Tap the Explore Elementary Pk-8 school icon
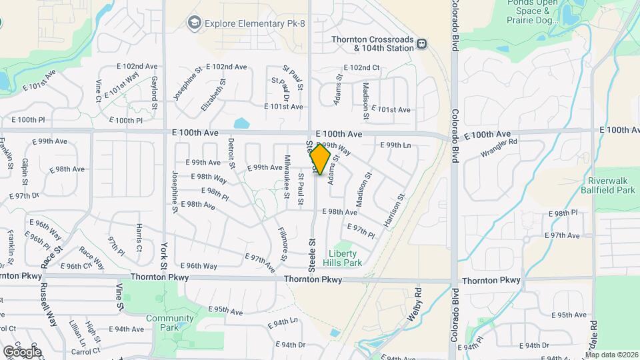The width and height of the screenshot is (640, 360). pyautogui.click(x=194, y=23)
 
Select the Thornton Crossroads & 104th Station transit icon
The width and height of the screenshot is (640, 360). pyautogui.click(x=422, y=45)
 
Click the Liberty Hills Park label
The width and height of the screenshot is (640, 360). pyautogui.click(x=343, y=258)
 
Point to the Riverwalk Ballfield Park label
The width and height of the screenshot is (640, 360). pyautogui.click(x=611, y=185)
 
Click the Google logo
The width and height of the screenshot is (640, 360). pyautogui.click(x=21, y=351)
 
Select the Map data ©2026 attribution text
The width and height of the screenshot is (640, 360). pyautogui.click(x=612, y=355)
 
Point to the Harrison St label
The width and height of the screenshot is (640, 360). pyautogui.click(x=395, y=209)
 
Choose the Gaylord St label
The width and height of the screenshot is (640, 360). pyautogui.click(x=154, y=93)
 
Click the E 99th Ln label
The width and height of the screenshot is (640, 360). pyautogui.click(x=395, y=145)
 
